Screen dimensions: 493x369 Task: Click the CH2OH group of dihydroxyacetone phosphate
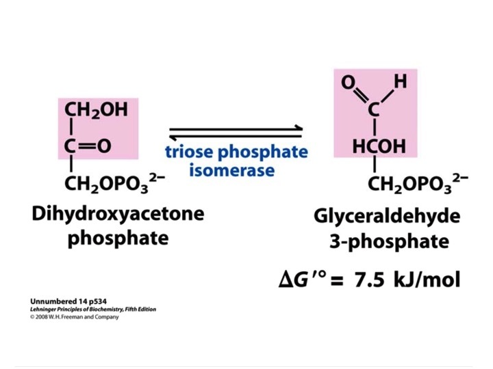pos(97,110)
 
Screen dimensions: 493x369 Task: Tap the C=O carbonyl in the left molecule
pos(88,146)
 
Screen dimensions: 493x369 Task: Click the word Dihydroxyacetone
pos(118,215)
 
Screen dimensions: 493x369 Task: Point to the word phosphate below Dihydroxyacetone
pos(118,238)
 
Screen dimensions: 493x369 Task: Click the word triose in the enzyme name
pos(189,152)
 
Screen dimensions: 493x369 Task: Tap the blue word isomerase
pos(231,170)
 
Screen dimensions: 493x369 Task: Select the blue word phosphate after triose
pos(263,153)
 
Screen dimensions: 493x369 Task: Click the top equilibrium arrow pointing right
pos(236,128)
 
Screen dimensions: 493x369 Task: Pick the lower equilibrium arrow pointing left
pos(236,137)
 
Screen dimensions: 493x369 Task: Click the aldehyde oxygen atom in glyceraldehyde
pos(349,82)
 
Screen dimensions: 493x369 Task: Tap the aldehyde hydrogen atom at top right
pos(401,81)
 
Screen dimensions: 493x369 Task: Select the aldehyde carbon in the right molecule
pos(374,109)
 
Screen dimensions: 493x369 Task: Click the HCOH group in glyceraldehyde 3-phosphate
pos(379,146)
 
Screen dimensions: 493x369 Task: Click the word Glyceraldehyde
pos(387,217)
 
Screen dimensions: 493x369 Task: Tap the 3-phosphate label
pos(389,242)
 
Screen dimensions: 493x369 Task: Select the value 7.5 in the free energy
pos(369,279)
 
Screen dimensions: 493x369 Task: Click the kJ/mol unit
pos(427,279)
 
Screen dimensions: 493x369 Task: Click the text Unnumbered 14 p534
pos(68,301)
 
